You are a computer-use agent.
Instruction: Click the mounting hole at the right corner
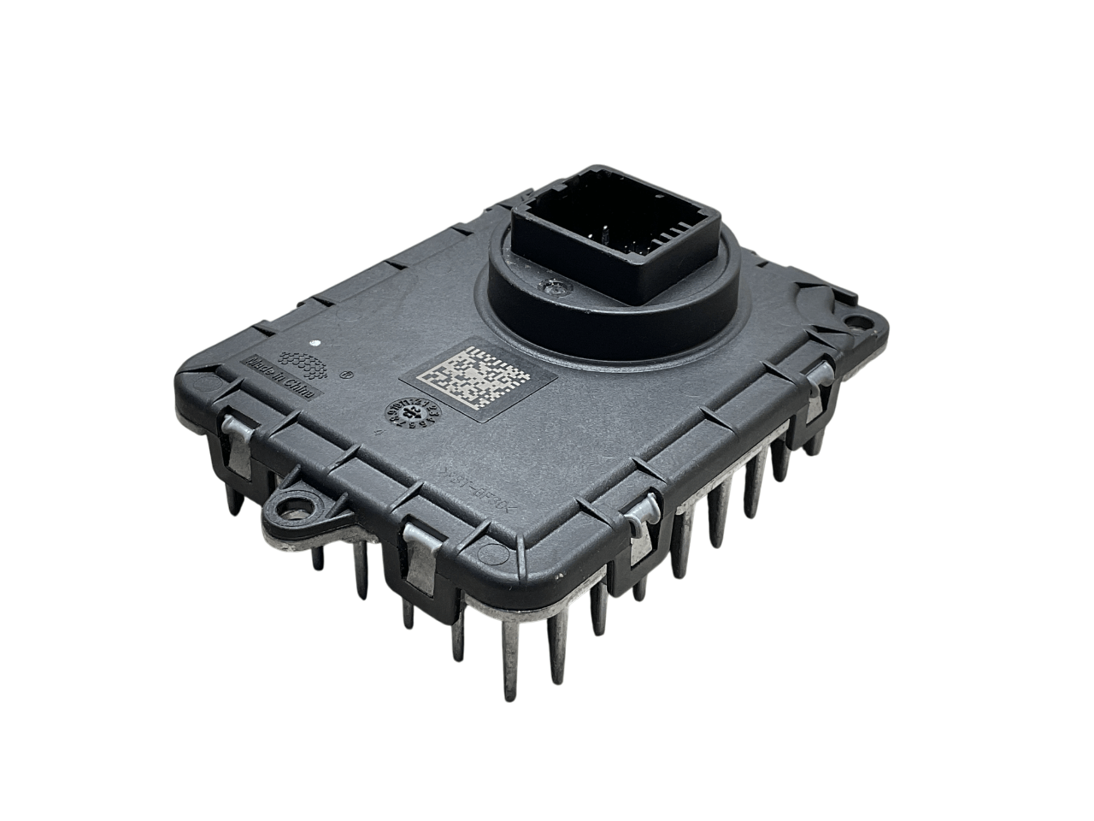click(853, 322)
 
